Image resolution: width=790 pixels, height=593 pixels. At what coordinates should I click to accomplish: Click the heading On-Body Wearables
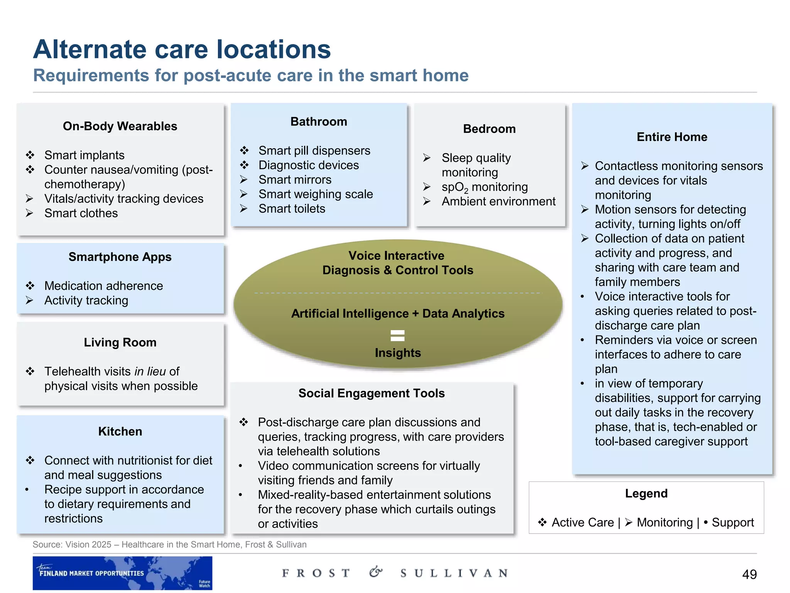(120, 126)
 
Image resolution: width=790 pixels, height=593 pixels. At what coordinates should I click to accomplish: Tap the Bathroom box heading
(319, 122)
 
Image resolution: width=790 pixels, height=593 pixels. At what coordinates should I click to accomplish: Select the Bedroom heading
(489, 129)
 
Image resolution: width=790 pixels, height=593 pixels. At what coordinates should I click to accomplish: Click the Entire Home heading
(672, 137)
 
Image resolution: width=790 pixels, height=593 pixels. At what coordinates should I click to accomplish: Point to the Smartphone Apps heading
(120, 257)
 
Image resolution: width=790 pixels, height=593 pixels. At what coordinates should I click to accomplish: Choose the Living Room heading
(120, 342)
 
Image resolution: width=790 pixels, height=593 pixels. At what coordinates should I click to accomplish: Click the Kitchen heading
(120, 432)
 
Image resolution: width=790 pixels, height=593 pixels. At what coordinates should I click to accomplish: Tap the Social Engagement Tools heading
(371, 393)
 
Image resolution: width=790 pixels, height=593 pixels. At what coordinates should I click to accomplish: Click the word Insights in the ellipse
(398, 353)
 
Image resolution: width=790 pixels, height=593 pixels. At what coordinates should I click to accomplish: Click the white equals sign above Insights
(398, 335)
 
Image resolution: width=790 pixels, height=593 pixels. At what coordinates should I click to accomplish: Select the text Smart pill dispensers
(314, 151)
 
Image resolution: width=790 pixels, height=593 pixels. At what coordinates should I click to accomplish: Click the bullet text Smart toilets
(292, 209)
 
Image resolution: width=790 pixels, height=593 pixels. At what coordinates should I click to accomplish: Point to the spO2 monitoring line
(484, 187)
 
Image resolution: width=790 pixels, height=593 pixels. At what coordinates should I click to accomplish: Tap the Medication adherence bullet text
(103, 286)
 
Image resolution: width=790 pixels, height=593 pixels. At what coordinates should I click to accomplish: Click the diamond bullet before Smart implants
(30, 155)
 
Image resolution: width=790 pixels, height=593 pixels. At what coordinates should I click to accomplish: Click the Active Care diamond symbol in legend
(542, 522)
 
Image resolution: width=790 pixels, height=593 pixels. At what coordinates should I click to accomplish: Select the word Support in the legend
(733, 522)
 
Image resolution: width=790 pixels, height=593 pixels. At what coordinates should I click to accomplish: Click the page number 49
(749, 574)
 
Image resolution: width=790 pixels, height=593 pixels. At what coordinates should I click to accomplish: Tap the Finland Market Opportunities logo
(122, 573)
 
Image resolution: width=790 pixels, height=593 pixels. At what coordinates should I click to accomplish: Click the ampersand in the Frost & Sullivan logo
(375, 572)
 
